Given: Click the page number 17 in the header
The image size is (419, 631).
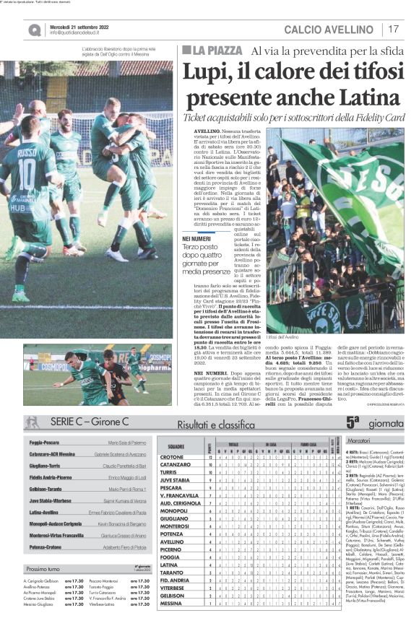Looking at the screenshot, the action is [394, 28].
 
